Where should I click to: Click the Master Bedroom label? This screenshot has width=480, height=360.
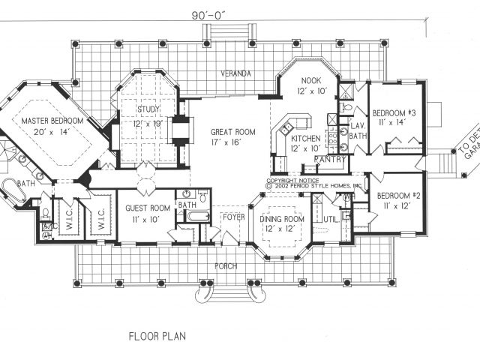click(52, 121)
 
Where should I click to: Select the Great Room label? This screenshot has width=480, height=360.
click(233, 132)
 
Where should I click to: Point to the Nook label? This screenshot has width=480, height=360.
click(310, 80)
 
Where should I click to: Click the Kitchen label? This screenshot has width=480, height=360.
click(307, 139)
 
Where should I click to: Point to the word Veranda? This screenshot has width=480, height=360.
click(235, 73)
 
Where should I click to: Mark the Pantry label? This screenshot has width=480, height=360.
click(330, 160)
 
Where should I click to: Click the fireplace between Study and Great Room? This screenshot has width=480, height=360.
click(180, 130)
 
